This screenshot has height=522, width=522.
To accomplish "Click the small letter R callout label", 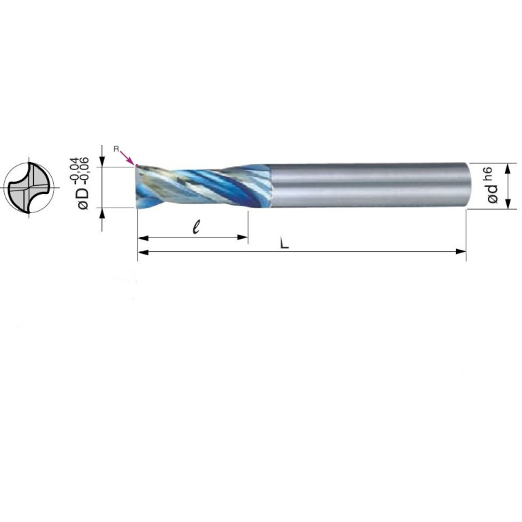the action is coord(116,149).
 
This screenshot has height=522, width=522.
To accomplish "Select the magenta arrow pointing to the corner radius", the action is coord(128,157).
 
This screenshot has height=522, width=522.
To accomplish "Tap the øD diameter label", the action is coord(84,199).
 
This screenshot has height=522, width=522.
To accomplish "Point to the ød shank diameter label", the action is coord(492,194).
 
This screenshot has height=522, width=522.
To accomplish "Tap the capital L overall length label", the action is coord(284,244).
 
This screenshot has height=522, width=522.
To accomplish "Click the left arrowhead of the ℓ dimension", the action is coord(143,238).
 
